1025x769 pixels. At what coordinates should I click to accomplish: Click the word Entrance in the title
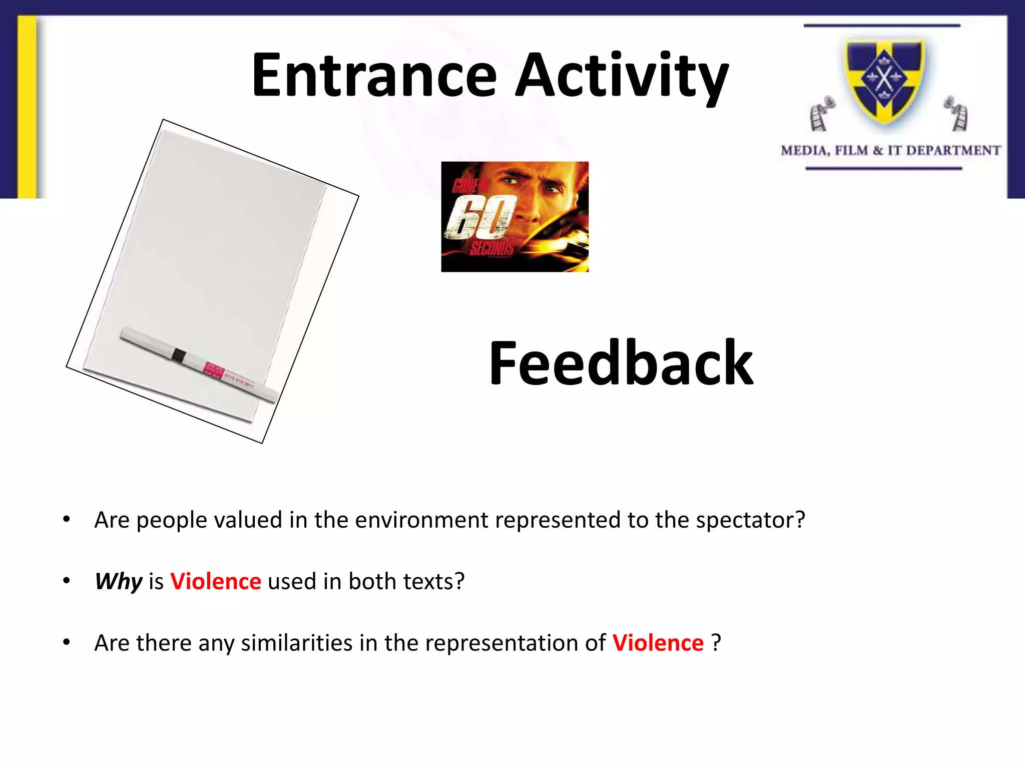tap(374, 76)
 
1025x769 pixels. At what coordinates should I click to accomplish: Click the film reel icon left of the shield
tap(821, 114)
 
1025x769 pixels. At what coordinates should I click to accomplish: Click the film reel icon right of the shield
tap(956, 114)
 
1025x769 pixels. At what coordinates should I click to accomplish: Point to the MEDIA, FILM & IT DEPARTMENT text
tap(890, 151)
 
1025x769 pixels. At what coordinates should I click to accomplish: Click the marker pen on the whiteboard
tap(198, 364)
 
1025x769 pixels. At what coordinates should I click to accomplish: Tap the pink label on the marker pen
tap(214, 370)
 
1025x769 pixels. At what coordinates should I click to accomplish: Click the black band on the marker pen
tap(178, 356)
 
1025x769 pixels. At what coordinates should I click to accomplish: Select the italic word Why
tap(119, 582)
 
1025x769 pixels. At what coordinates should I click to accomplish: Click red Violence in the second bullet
tap(216, 582)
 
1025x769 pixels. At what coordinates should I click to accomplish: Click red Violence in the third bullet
tap(658, 643)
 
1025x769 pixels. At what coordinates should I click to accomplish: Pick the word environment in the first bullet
tap(421, 520)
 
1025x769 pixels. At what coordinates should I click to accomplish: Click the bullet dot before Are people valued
tap(67, 520)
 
